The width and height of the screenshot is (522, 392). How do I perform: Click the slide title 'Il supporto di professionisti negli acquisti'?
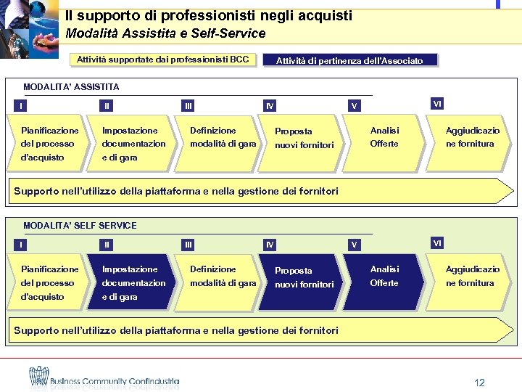(x=208, y=15)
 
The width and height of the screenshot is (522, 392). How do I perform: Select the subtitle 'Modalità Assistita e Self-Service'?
(x=165, y=33)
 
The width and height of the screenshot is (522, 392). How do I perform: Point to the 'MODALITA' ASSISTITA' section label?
(x=71, y=87)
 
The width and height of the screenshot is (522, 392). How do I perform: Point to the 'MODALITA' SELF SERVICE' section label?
(x=80, y=226)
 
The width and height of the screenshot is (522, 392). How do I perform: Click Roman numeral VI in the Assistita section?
(x=437, y=104)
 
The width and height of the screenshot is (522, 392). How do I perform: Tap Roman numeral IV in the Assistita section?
(x=270, y=106)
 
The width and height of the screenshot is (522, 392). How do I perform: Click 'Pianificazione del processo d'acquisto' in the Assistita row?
(x=49, y=144)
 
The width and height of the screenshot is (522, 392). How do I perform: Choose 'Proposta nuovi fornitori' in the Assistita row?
(x=303, y=138)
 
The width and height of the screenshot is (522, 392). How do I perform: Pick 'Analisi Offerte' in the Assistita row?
(x=384, y=137)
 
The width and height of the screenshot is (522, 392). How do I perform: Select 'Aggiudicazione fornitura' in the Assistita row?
(x=472, y=137)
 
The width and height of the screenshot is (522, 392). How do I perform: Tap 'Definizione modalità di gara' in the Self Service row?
(x=223, y=277)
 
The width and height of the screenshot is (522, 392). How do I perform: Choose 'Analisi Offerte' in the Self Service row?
(x=384, y=276)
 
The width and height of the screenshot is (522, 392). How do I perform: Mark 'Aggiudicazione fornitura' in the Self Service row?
(x=472, y=276)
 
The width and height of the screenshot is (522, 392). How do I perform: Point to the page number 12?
(x=478, y=383)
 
